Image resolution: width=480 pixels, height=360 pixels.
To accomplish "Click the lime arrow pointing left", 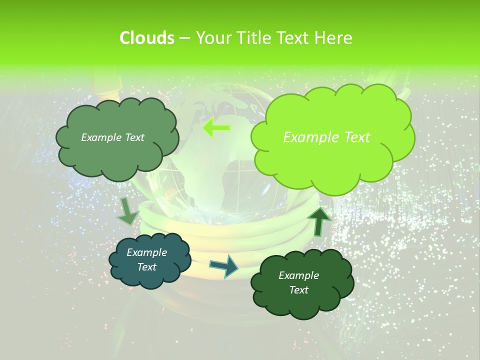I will (216, 128).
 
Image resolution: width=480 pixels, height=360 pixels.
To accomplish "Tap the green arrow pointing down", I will (127, 210).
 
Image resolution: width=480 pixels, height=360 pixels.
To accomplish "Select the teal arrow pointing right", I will (224, 265).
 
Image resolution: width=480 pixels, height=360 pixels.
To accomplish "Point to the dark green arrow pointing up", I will (318, 220).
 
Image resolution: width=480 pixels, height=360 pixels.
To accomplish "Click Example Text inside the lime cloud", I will (326, 137).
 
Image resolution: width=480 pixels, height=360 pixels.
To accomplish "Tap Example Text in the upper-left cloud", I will (112, 137).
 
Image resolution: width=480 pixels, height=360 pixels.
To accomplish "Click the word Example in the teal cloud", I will (146, 252).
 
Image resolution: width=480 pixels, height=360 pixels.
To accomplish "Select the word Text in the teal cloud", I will (146, 267).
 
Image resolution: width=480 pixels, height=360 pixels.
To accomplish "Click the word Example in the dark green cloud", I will (298, 275).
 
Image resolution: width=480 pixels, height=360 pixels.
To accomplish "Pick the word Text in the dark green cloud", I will (298, 290).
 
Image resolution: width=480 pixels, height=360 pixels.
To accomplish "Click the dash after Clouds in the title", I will (184, 38).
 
